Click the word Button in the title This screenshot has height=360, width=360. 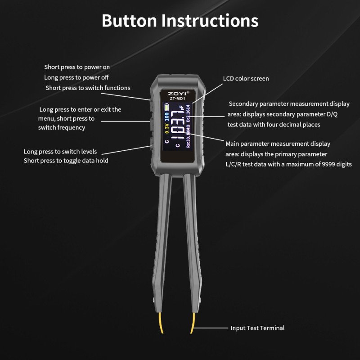click(x=129, y=21)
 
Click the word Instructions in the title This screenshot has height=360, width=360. click(x=210, y=21)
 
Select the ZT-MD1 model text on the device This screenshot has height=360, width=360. click(x=177, y=99)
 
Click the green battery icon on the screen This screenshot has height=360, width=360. click(x=166, y=107)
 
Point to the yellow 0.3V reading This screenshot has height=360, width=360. click(x=167, y=128)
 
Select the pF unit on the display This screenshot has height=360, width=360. click(x=182, y=108)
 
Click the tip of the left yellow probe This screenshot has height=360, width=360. click(x=162, y=333)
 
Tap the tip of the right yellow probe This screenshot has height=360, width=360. click(x=191, y=333)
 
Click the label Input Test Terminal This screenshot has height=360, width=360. click(x=257, y=328)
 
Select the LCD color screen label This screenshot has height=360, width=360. click(x=246, y=78)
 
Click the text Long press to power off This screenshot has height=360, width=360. click(x=76, y=77)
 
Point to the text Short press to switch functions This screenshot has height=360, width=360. click(x=88, y=88)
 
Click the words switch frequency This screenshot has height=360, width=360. click(x=62, y=128)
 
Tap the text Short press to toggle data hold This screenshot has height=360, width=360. click(x=66, y=161)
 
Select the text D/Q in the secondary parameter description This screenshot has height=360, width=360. click(x=332, y=114)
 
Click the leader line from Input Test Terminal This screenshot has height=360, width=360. click(x=211, y=328)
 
